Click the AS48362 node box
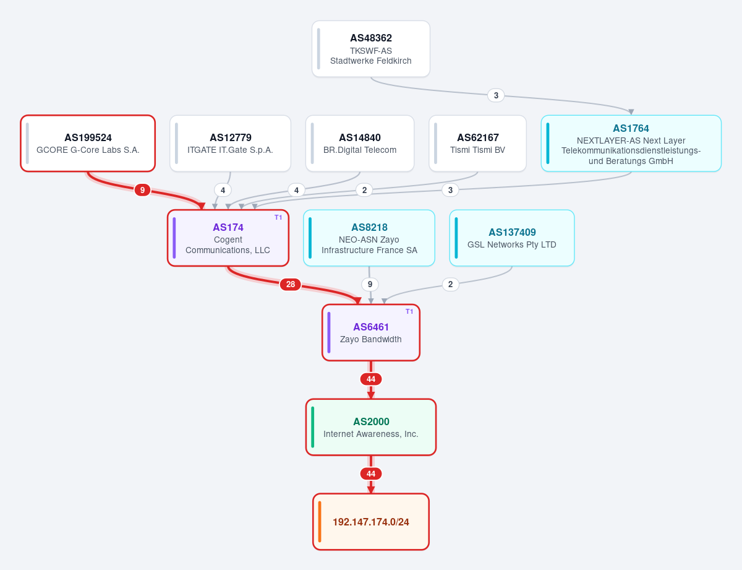[371, 49]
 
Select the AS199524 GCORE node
[88, 144]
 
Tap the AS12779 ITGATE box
[231, 144]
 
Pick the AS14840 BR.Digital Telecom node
[360, 144]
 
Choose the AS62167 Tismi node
[478, 144]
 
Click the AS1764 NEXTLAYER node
[631, 144]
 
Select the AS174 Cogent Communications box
[228, 238]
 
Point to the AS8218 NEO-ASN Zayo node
[369, 238]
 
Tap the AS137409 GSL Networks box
[512, 238]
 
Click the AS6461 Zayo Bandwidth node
[371, 332]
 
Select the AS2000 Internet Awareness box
[371, 427]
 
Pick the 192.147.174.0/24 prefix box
[371, 522]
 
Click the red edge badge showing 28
[290, 284]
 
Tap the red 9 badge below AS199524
[142, 190]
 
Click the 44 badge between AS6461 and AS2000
[371, 379]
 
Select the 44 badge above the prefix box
[371, 473]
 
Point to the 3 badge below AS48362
[496, 95]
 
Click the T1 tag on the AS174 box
[278, 217]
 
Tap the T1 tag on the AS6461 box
[409, 311]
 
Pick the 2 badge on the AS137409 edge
[450, 284]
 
